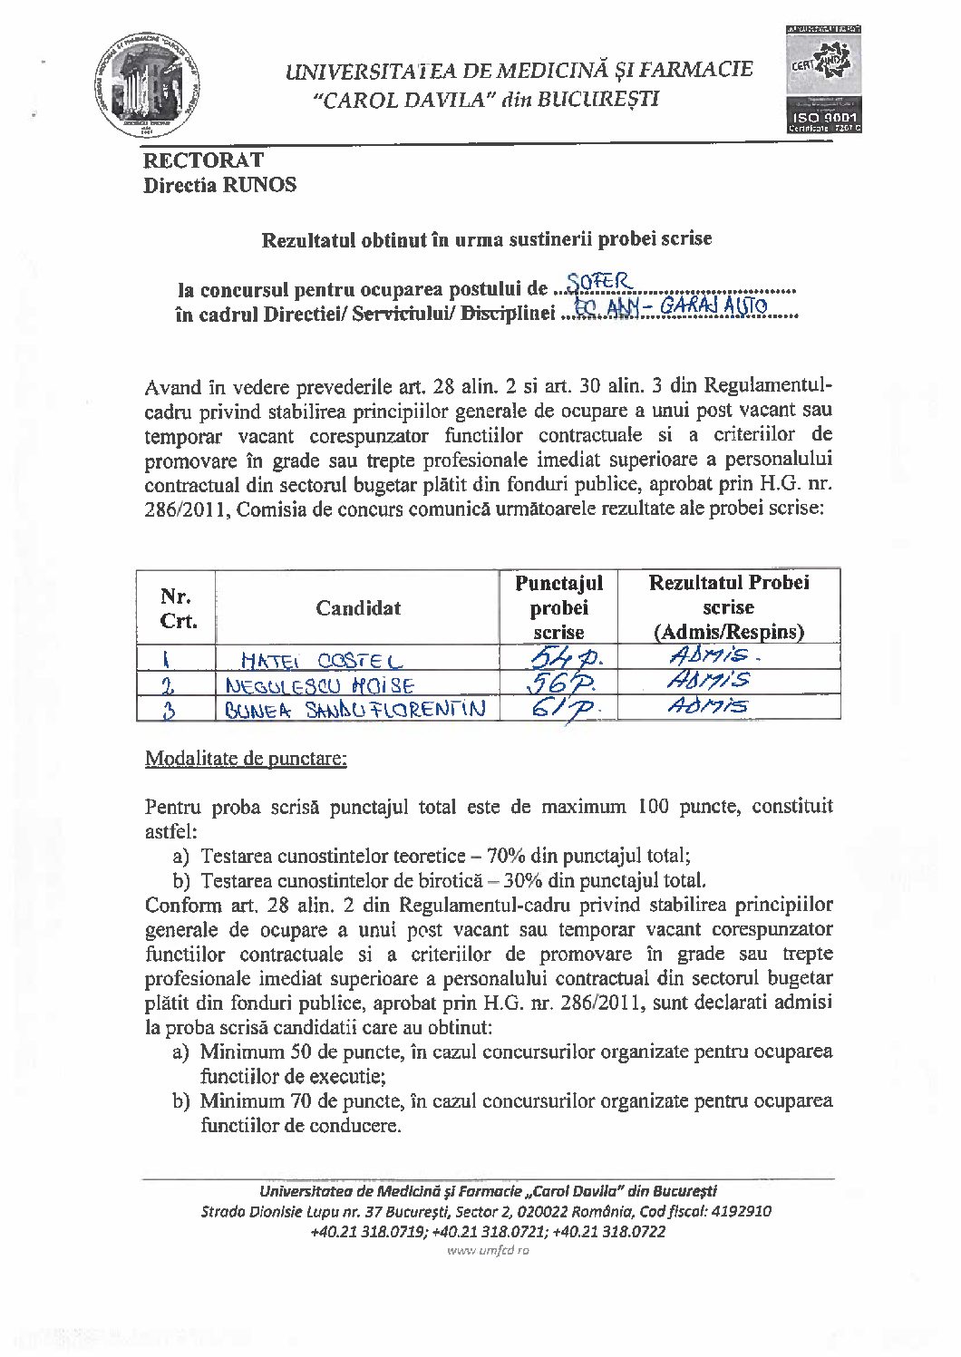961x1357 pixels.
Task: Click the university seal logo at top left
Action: coord(151,83)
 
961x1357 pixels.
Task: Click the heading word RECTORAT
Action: coord(203,160)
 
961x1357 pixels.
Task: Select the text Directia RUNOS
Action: coord(219,185)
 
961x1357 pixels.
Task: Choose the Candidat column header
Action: coord(358,607)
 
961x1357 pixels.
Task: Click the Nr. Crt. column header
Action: coord(176,608)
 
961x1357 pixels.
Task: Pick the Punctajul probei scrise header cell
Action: coord(558,607)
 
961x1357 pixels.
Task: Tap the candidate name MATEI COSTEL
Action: coord(322,661)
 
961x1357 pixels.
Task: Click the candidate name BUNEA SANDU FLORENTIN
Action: coord(354,708)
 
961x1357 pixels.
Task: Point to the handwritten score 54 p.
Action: coord(558,657)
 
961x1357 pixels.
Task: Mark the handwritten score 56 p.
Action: coord(558,683)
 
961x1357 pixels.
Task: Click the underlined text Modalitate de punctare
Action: coord(246,758)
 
